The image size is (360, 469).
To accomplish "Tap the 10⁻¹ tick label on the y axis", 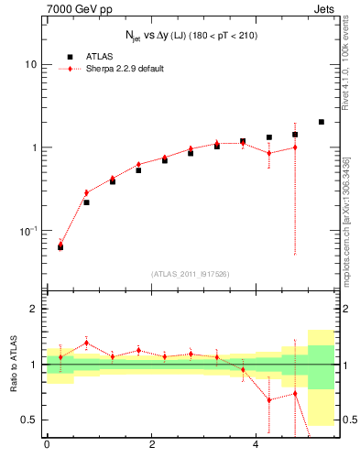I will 27,230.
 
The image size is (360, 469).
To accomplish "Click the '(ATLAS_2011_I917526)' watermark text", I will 191,273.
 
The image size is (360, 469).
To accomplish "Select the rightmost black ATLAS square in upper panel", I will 321,122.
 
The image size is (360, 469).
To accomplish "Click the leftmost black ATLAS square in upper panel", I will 60,247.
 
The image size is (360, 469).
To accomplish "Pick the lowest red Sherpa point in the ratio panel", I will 269,400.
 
